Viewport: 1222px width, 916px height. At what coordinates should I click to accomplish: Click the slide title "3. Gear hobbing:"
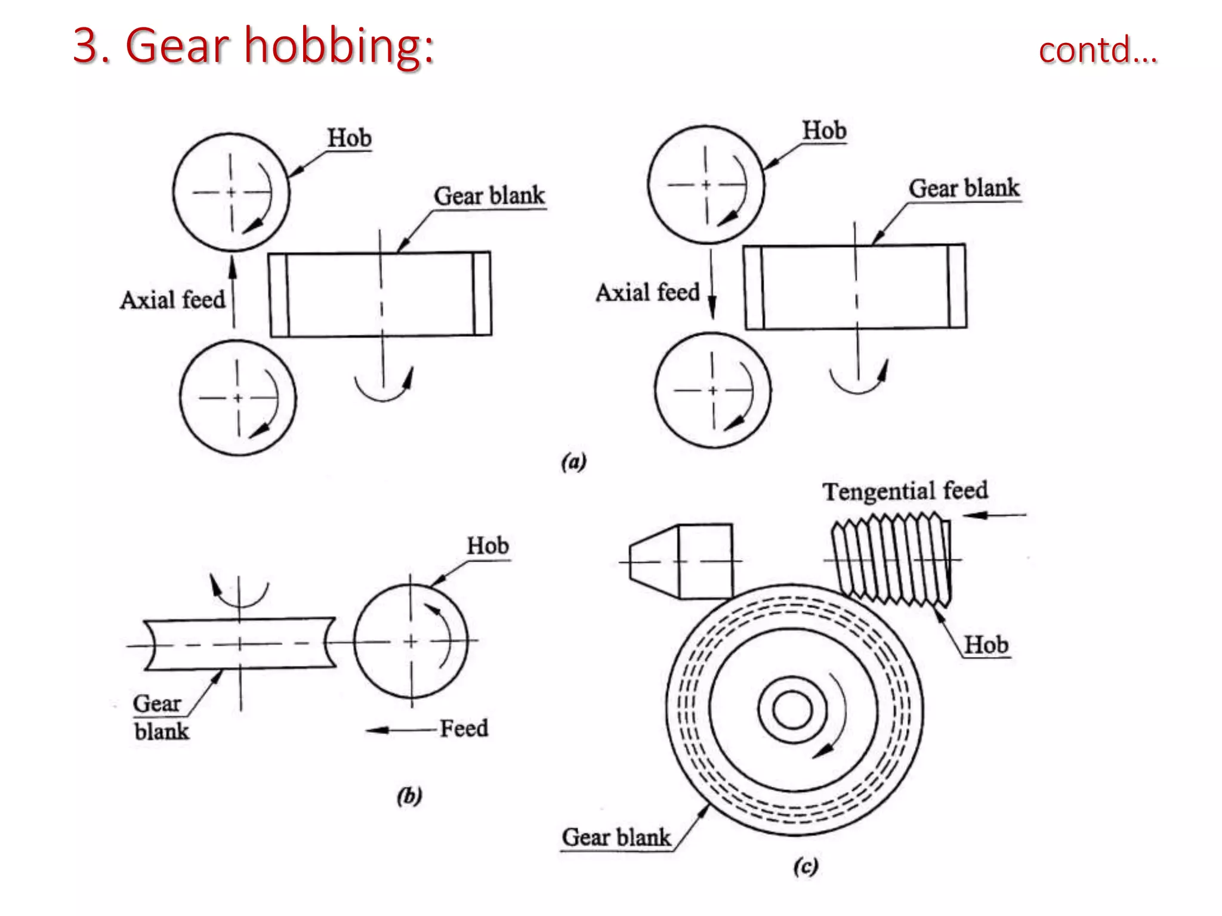tap(254, 46)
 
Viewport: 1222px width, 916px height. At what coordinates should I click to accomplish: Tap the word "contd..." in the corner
tap(1097, 50)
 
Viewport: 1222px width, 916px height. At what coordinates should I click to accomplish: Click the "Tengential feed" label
tap(905, 491)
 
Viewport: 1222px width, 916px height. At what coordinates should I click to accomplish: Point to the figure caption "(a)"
tap(574, 462)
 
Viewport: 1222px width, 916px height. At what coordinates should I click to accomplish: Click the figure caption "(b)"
tap(409, 796)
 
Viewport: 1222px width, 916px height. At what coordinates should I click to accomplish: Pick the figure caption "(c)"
tap(805, 866)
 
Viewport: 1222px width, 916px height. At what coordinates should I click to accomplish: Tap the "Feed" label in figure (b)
tap(464, 728)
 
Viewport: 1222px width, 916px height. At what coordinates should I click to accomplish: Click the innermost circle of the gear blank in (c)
tap(792, 710)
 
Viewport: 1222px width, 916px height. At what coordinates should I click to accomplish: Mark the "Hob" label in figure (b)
tap(487, 546)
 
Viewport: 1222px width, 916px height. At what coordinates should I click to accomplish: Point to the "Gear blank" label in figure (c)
tap(616, 837)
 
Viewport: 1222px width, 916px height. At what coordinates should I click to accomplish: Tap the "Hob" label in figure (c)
tap(986, 645)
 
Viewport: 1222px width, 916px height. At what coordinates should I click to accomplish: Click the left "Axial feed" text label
tap(173, 300)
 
